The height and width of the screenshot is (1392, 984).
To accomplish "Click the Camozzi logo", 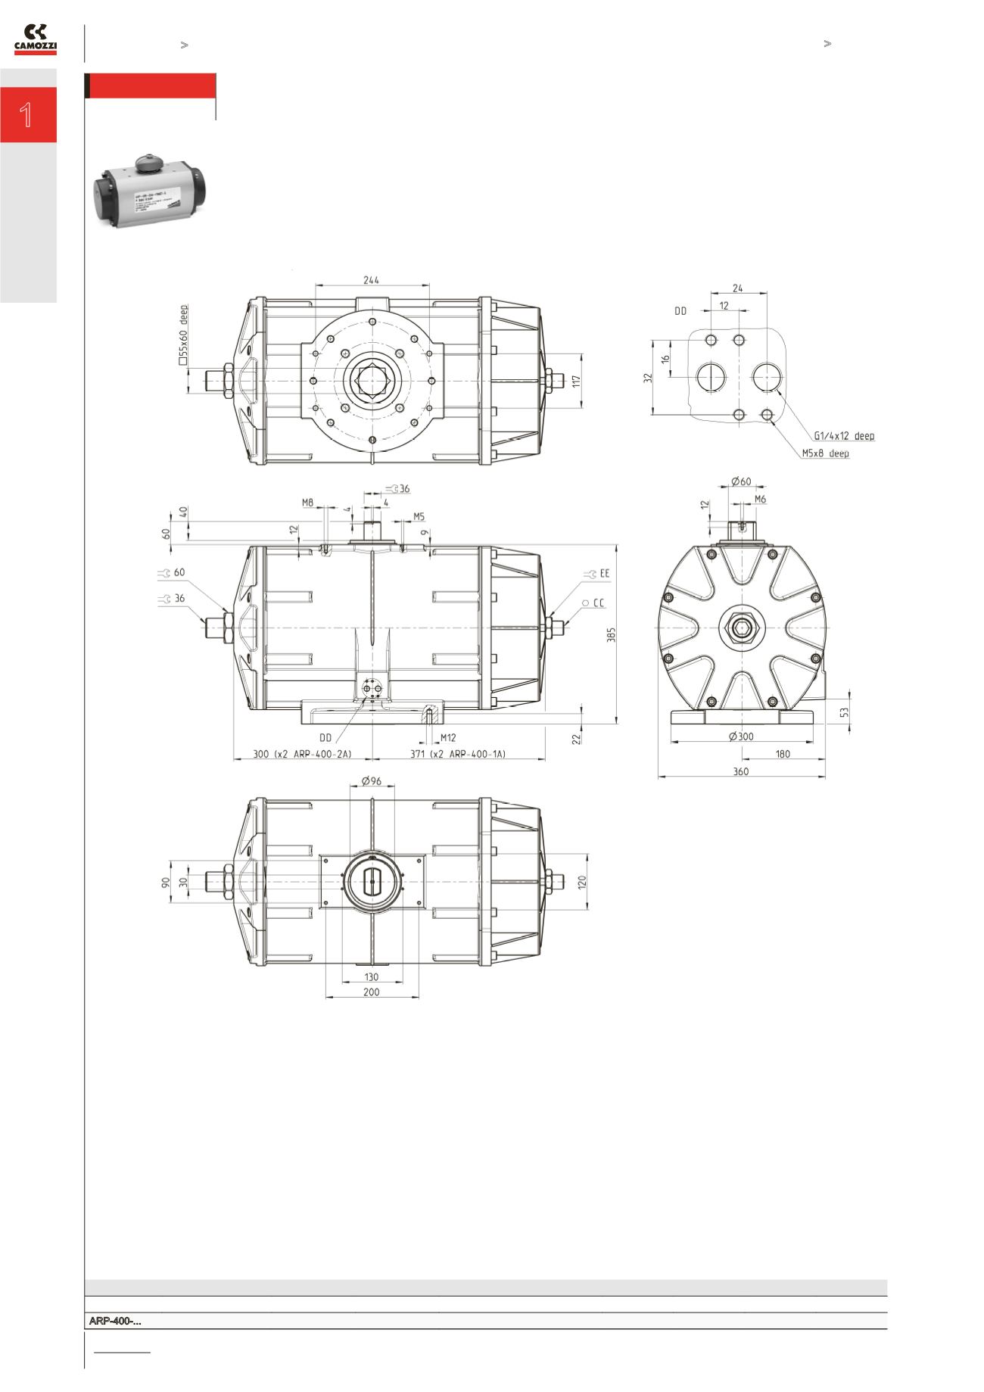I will tap(35, 39).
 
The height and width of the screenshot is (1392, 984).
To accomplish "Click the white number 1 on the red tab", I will tap(26, 116).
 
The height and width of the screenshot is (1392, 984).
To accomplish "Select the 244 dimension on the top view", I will tap(371, 280).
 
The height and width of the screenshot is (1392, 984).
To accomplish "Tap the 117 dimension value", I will tap(576, 381).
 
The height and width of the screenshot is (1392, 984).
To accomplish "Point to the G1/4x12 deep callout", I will tap(843, 436).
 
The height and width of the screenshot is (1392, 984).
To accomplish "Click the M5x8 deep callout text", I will tap(825, 453).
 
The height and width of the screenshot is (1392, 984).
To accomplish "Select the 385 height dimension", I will tap(612, 634).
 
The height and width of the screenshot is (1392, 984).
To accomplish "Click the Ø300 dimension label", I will tap(742, 736).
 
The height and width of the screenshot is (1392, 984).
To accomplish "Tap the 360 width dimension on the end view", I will tap(740, 771).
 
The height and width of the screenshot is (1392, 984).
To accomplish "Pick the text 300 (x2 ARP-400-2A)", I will tap(300, 754).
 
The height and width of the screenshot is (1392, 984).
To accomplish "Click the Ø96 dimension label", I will tap(371, 780).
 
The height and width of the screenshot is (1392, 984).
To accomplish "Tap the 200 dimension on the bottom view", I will tap(371, 992).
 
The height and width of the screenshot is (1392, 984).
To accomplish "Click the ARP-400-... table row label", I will tap(115, 1322).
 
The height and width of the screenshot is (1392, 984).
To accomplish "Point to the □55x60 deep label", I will tap(182, 335).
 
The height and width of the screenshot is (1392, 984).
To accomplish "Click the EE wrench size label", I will tap(604, 574).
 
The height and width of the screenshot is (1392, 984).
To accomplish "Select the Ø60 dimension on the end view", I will tap(741, 481).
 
